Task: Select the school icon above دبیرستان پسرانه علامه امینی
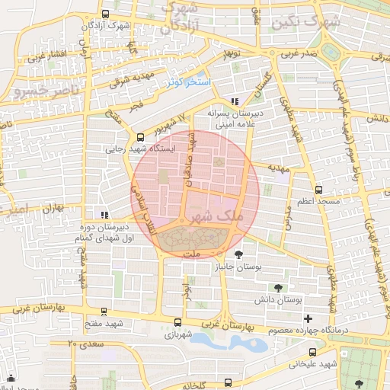pos(235,100)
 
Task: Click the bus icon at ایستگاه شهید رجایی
pos(139,138)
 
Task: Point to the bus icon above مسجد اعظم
pos(318,190)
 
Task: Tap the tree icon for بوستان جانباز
pos(240,255)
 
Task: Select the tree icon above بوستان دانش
pos(277,287)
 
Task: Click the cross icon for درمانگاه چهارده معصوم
pos(308,318)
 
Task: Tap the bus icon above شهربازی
pos(178,322)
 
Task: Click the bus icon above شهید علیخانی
pos(312,352)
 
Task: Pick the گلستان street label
pos(266,78)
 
